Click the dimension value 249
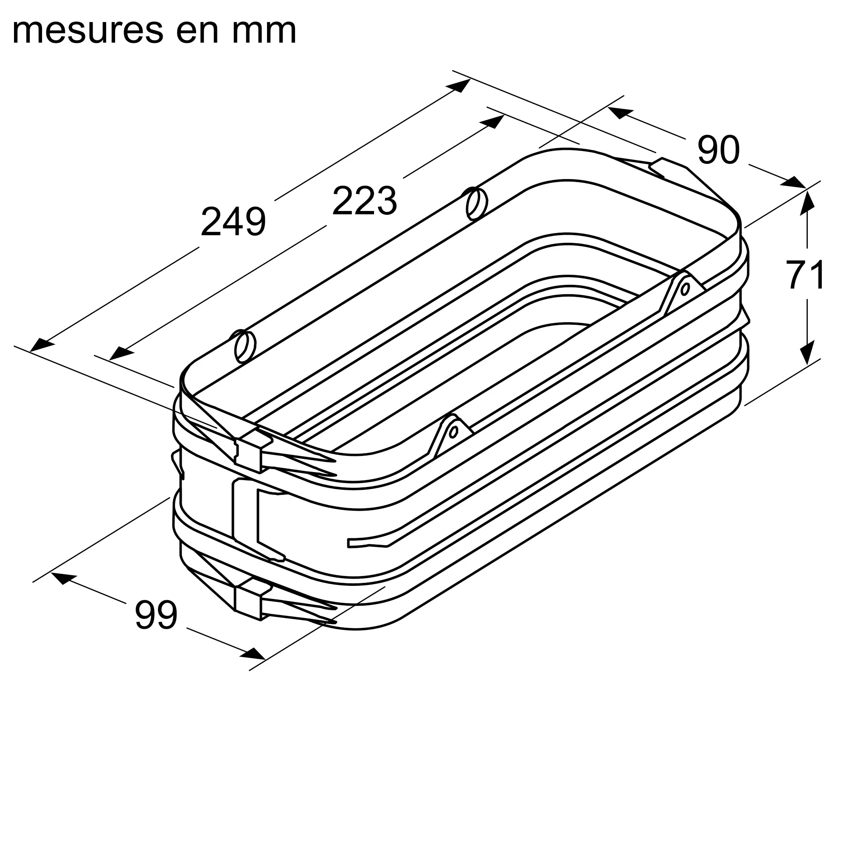(233, 222)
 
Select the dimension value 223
(365, 201)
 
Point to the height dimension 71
(806, 275)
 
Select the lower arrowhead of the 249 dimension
(42, 345)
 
